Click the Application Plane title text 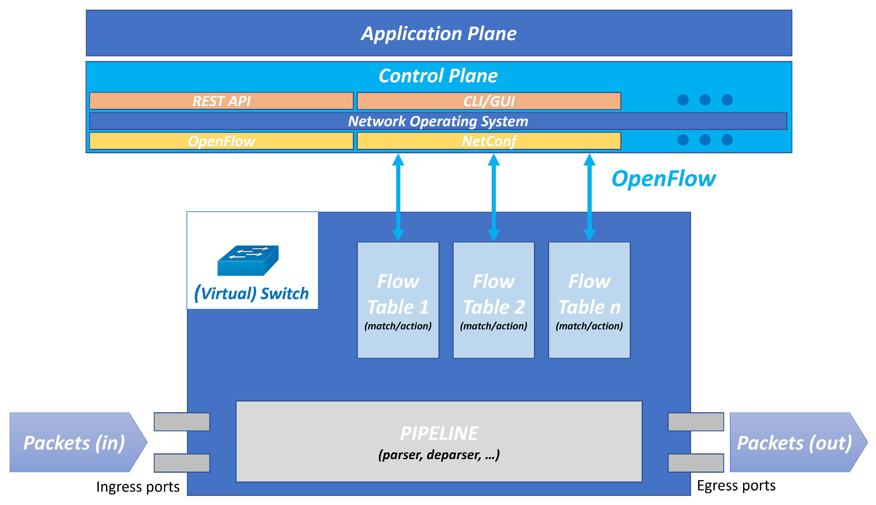[x=439, y=34]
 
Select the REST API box [x=221, y=101]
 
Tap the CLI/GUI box [x=489, y=101]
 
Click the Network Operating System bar [x=438, y=121]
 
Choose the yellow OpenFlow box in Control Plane [x=221, y=141]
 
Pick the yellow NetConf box [x=489, y=141]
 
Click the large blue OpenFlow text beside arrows [x=663, y=179]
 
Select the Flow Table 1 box [x=398, y=300]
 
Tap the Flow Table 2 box [x=493, y=300]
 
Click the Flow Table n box [x=589, y=300]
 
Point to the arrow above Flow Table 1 [x=398, y=197]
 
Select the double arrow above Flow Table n [x=589, y=197]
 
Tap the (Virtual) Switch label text [x=252, y=294]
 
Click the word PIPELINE [x=439, y=433]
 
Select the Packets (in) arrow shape [x=75, y=442]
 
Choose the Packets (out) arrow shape [x=796, y=442]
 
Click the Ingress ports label [x=138, y=487]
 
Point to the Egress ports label [x=736, y=486]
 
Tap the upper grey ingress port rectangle [x=182, y=422]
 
